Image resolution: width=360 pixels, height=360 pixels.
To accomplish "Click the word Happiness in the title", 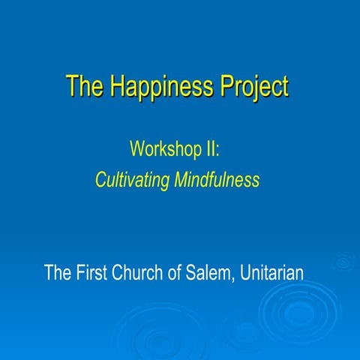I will point(154,86).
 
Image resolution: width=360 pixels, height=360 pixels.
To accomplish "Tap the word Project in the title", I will point(253,86).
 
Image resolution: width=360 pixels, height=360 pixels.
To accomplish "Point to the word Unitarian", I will point(272,271).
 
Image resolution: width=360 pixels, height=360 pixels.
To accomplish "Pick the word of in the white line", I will point(178,271).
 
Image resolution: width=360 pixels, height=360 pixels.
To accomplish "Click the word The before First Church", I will point(58,271).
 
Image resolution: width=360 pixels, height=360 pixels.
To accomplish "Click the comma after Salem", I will point(237,277).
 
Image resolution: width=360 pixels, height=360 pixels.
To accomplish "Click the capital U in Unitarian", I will point(247,271).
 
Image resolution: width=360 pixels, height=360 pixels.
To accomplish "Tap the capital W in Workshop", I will point(137,148).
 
